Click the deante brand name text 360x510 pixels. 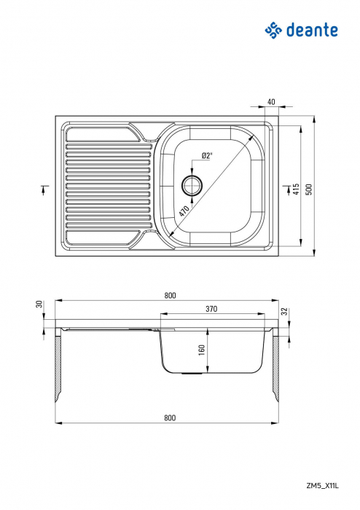coord(311,30)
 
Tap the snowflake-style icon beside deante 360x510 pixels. coord(273,30)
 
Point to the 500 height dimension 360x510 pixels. coord(309,189)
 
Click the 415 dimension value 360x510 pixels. coord(296,189)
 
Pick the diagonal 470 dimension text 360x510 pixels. coord(184,213)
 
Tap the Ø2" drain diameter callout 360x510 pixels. coord(206,155)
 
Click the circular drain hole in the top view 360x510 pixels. coord(192,184)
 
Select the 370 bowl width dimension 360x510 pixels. coord(211,309)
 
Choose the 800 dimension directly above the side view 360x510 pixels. coord(169,295)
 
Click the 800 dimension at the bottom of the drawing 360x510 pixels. coord(169,418)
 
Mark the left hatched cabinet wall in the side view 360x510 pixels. coord(57,368)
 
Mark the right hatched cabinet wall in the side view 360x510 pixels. coord(276,368)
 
